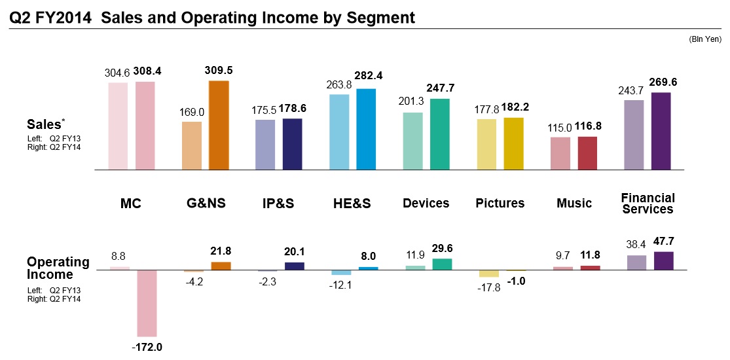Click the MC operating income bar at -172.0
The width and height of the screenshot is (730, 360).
point(147,304)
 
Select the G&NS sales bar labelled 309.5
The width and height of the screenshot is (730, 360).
point(219,125)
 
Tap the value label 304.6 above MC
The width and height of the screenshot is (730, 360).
point(118,73)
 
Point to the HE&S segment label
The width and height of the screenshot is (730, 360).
point(352,204)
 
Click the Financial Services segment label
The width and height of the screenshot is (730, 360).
point(648,203)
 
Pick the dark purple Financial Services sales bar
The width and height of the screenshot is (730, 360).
point(661,131)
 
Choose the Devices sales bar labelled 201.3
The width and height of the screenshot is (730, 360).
point(412,141)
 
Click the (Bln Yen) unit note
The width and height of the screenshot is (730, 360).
point(705,40)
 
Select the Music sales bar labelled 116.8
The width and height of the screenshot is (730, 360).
point(587,153)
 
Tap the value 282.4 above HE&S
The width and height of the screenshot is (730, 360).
point(368,76)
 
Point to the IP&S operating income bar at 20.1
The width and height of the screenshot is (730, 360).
point(295,266)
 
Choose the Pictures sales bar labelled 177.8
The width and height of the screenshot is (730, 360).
point(486,144)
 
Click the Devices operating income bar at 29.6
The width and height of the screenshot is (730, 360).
point(442,264)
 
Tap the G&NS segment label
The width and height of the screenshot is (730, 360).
point(206,204)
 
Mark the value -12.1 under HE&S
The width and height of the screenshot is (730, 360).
point(342,285)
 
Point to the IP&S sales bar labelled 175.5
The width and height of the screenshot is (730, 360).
point(265,145)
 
